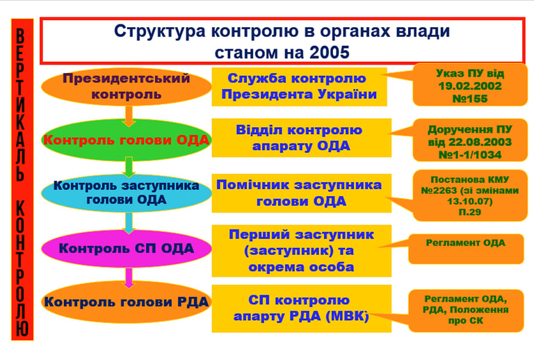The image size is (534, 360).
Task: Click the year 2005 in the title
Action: click(x=327, y=51)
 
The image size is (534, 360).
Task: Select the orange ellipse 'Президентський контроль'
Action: click(x=126, y=86)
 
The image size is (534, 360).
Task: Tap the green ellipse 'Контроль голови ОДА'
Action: click(x=126, y=139)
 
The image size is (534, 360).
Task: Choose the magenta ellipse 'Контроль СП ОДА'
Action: click(x=126, y=247)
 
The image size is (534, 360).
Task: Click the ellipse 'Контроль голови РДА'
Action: click(x=126, y=302)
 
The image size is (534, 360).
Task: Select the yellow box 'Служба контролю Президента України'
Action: click(x=302, y=86)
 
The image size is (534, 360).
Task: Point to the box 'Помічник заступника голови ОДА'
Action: click(x=299, y=193)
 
